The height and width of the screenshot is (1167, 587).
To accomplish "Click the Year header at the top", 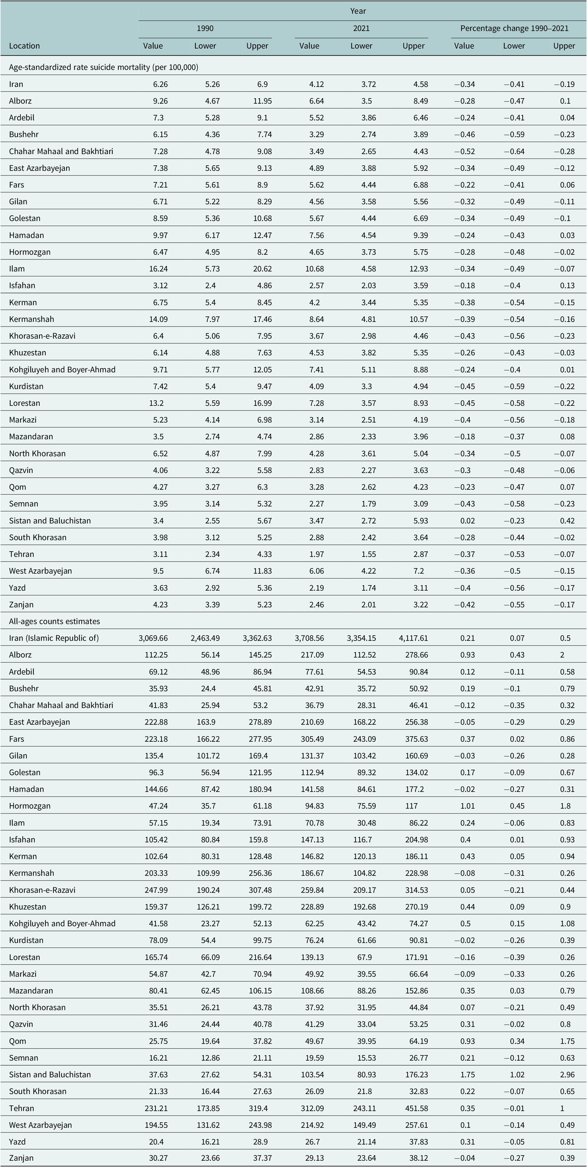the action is tap(358, 11).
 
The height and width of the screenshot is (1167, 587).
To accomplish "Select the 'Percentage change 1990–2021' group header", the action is tap(514, 28).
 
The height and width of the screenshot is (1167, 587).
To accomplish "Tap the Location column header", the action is tap(24, 46).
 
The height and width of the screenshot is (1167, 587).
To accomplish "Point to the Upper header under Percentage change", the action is tap(564, 46).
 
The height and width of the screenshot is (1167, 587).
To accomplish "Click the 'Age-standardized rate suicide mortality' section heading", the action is tap(104, 67).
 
